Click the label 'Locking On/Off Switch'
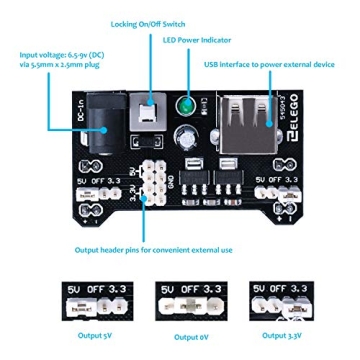(148, 23)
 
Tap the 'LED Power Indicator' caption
(197, 41)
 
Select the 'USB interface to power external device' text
(269, 64)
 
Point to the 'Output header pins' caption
(153, 250)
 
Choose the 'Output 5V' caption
(89, 336)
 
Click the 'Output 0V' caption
(186, 337)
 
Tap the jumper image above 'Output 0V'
(188, 300)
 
